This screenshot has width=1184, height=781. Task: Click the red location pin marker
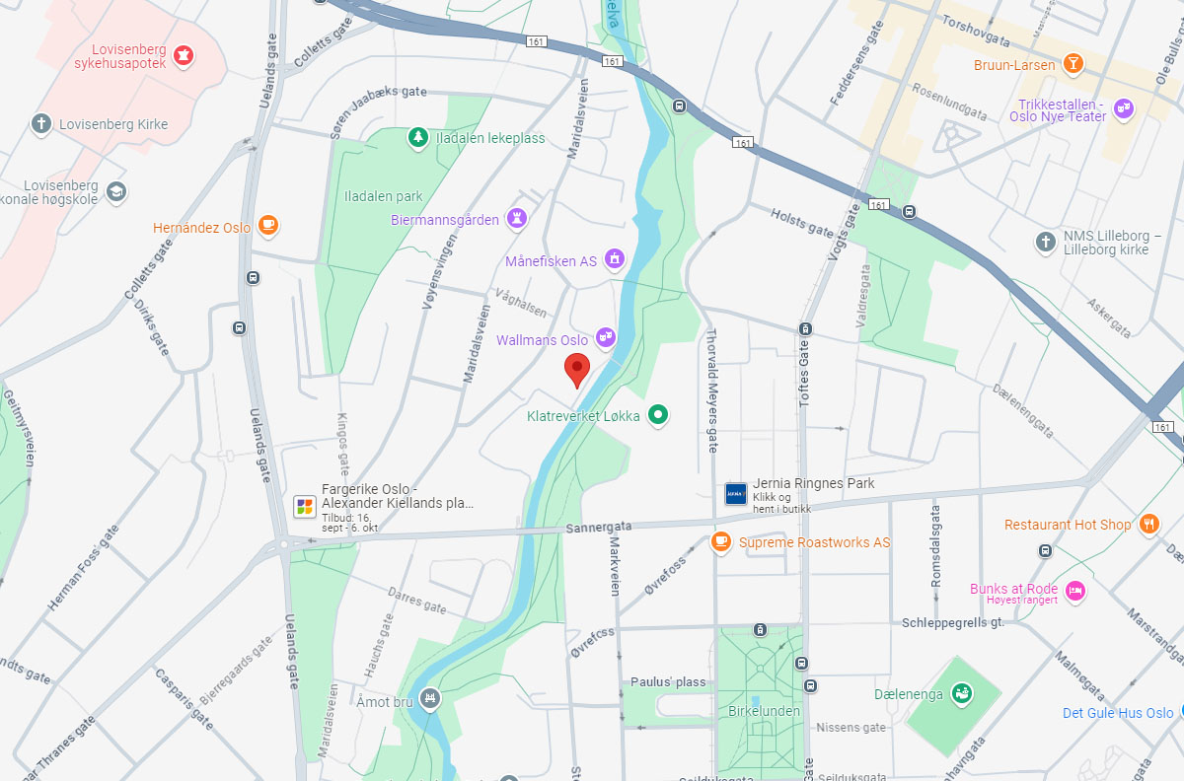click(577, 369)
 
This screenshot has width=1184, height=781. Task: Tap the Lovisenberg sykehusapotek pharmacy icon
click(183, 56)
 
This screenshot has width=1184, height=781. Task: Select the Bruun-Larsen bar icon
click(1073, 65)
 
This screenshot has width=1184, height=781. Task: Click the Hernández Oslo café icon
click(267, 227)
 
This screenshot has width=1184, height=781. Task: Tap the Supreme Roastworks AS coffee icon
click(721, 541)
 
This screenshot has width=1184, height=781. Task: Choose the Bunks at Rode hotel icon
click(1075, 591)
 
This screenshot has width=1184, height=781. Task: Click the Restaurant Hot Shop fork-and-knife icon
click(1148, 525)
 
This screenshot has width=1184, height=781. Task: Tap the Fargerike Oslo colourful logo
click(305, 506)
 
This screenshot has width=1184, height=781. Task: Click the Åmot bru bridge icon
click(429, 699)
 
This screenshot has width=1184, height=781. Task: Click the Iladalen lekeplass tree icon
click(418, 137)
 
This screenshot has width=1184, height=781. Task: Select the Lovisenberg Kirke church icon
click(41, 124)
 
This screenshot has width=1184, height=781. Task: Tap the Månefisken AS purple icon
click(615, 260)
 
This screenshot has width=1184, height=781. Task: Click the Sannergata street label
click(598, 528)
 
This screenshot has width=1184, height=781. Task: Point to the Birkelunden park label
click(764, 710)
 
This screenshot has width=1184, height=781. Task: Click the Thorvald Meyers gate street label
click(711, 390)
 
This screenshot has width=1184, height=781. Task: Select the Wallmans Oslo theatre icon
click(606, 338)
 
